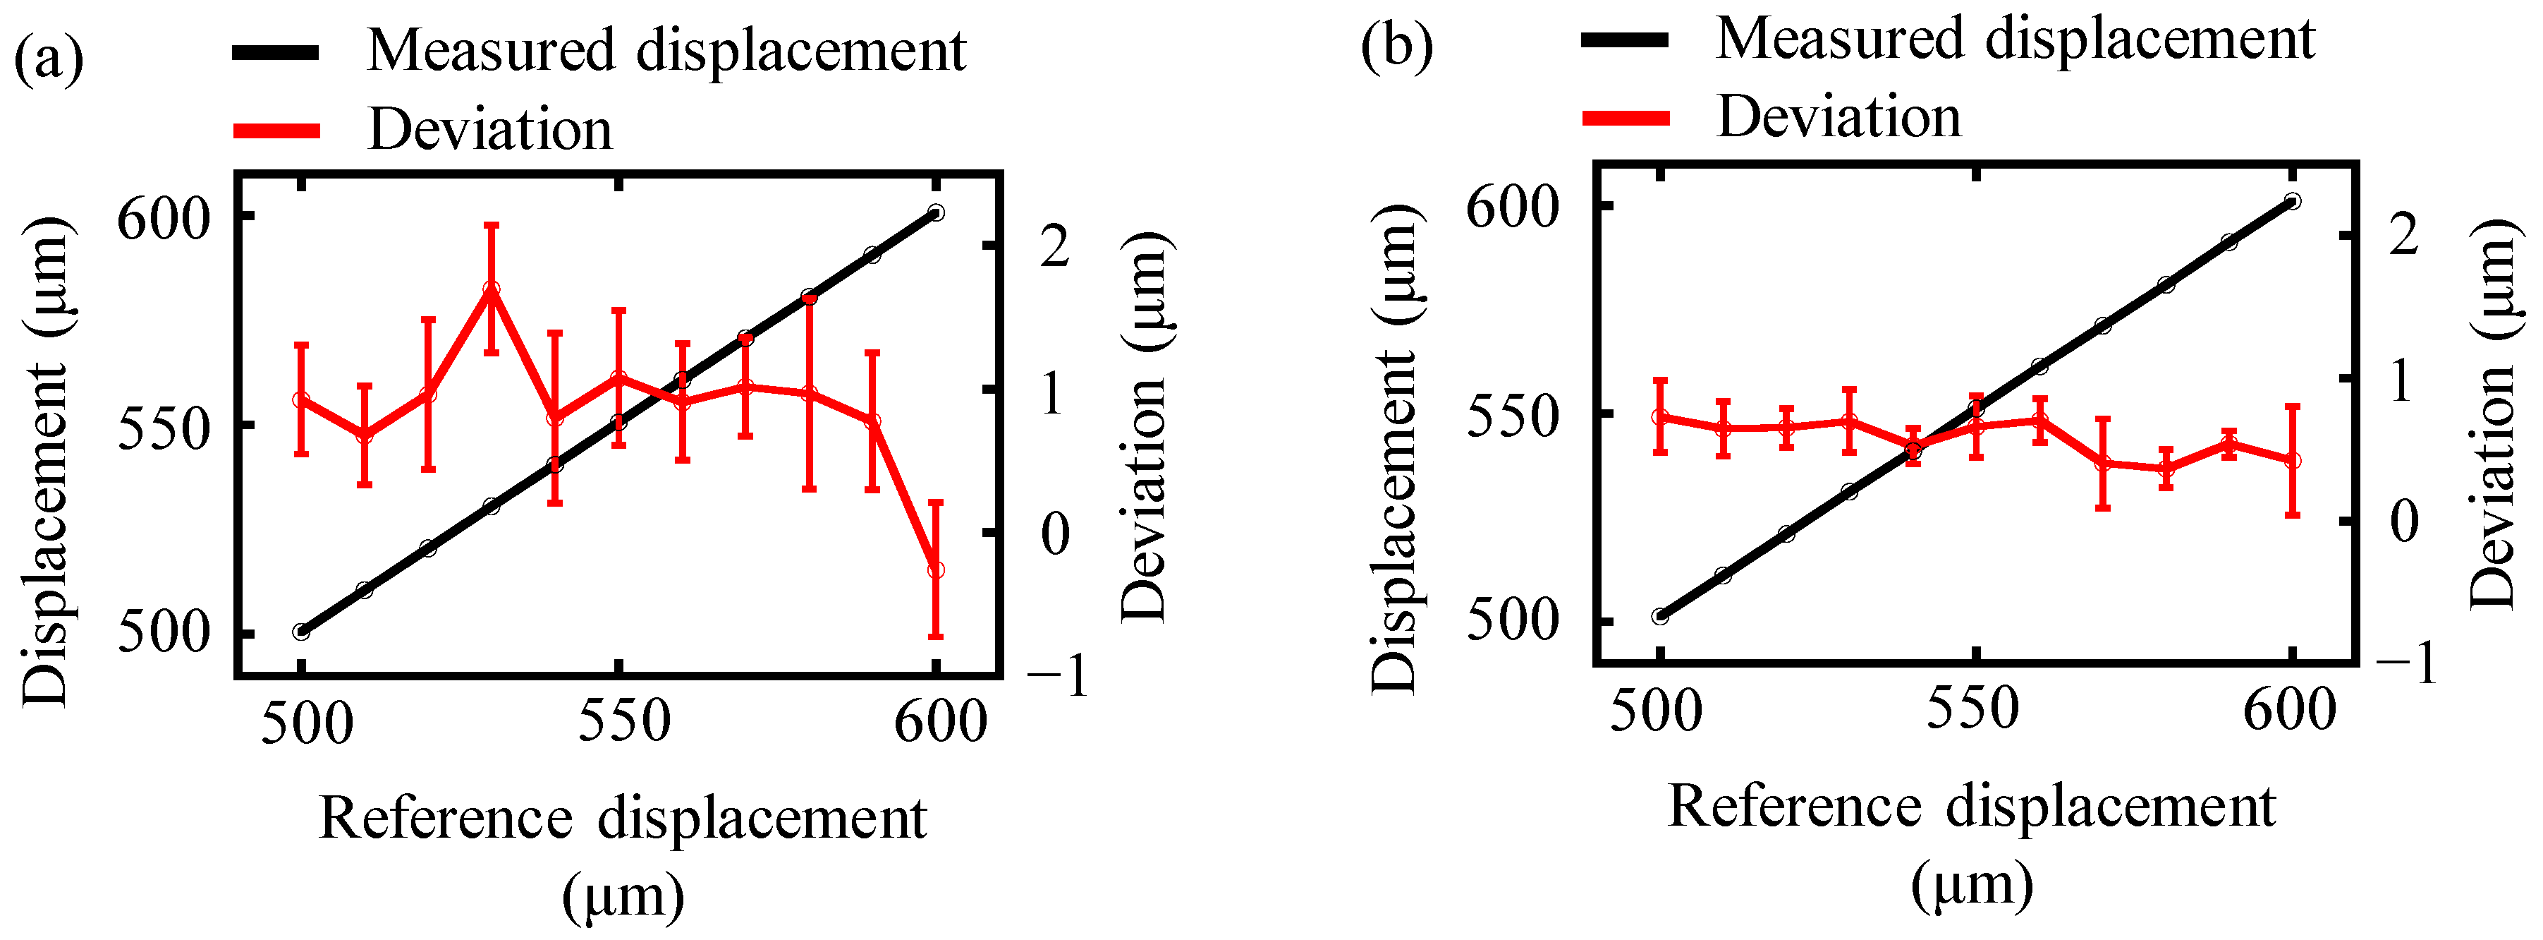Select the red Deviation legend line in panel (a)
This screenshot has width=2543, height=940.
pos(276,131)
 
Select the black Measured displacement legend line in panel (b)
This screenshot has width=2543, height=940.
pos(1625,40)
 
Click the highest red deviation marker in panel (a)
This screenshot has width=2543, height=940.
pos(492,289)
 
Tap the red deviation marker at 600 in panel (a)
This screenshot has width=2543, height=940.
pos(936,570)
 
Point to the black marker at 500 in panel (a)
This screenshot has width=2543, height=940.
pos(301,632)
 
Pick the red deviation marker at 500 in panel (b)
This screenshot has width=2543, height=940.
pos(1661,416)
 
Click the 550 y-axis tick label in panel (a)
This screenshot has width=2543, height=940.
pos(164,426)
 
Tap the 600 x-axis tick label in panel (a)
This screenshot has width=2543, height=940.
pos(940,722)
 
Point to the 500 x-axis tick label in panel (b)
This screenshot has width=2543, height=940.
pos(1656,710)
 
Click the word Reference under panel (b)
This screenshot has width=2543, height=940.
pos(1795,807)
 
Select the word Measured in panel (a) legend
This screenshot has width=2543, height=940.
pos(492,49)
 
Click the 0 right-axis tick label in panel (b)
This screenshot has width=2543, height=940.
pos(2404,520)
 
